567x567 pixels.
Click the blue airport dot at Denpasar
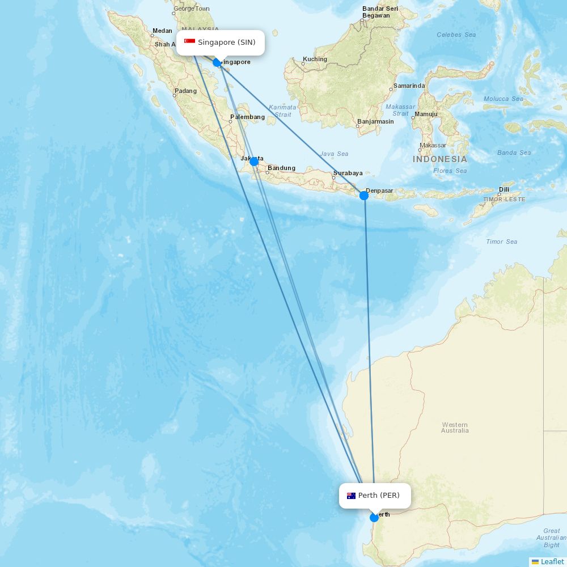pos(364,196)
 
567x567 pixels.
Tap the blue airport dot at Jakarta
pos(254,162)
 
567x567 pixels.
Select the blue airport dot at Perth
pos(374,518)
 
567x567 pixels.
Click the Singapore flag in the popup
pos(189,42)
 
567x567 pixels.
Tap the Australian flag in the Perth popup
pos(352,496)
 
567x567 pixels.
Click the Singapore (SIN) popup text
pos(227,42)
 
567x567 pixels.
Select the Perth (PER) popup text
pos(379,496)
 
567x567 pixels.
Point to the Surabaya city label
pos(348,173)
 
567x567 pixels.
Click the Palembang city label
pos(247,117)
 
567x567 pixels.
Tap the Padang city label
pos(186,91)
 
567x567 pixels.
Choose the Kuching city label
pos(315,59)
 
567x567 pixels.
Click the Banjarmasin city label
pos(375,121)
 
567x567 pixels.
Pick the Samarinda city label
pos(409,86)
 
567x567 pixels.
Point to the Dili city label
pos(503,189)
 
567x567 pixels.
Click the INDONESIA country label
pos(440,159)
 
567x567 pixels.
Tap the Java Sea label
pos(334,154)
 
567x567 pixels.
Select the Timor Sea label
pos(502,242)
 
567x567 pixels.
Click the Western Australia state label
pos(455,428)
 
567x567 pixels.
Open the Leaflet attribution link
pos(552,561)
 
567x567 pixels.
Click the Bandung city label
pos(281,168)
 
